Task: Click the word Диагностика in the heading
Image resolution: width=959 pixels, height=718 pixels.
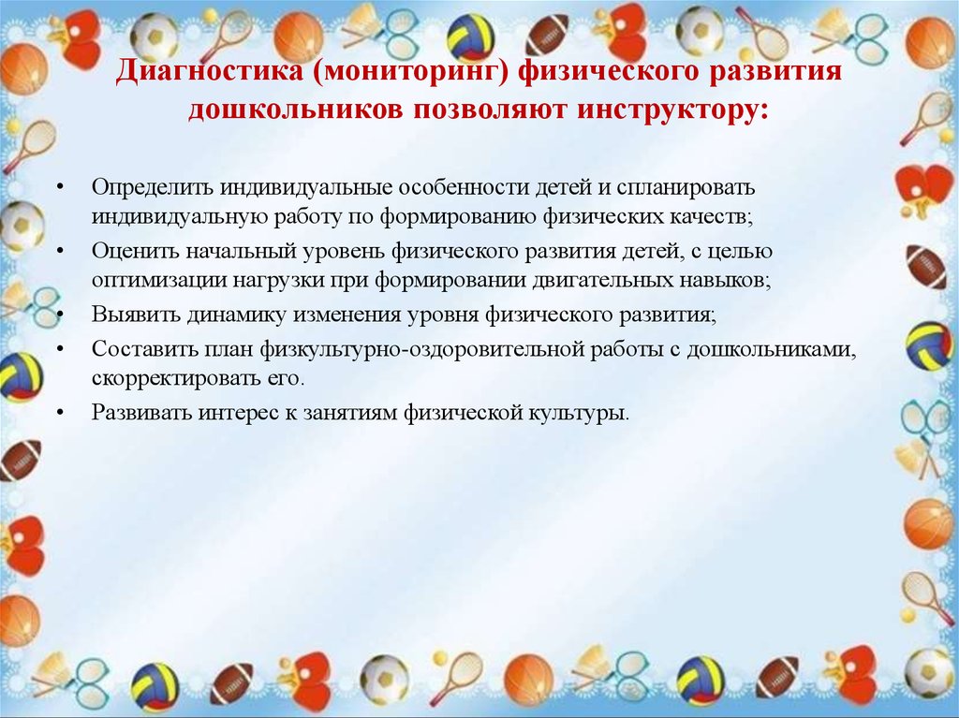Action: [x=209, y=71]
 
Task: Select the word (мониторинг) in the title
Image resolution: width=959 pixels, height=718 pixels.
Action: [x=410, y=71]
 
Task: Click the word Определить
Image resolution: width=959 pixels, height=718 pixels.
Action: [x=153, y=187]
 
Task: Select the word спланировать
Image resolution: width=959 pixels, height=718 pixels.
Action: [x=686, y=188]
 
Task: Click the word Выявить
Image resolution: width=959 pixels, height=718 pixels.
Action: [x=136, y=315]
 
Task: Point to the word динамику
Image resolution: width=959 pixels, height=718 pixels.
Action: [x=236, y=315]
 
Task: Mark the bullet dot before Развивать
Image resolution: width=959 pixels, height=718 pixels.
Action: [x=59, y=413]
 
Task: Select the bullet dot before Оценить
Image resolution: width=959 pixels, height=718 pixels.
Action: [x=59, y=251]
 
